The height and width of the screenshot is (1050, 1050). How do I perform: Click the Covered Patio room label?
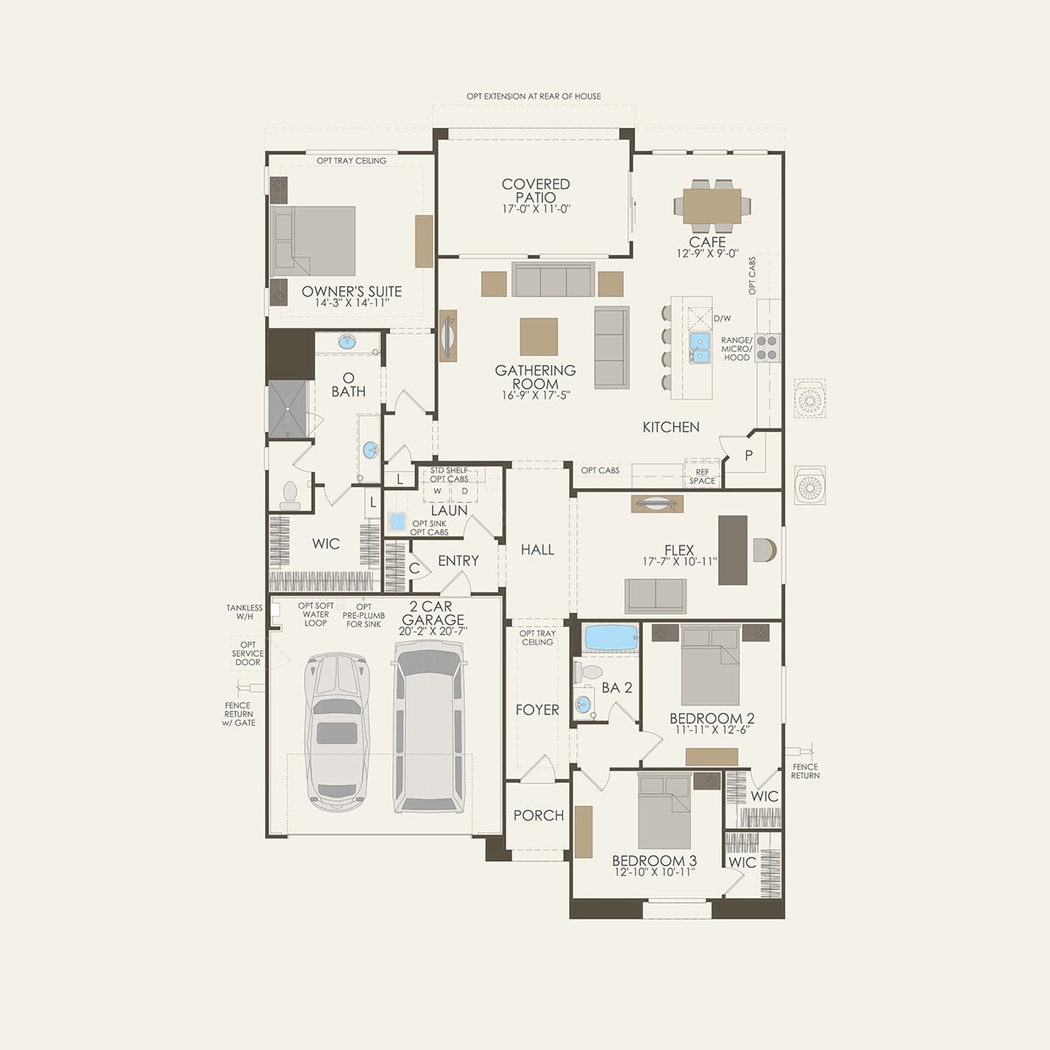tap(535, 191)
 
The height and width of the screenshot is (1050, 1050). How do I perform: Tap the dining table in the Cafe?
tap(711, 205)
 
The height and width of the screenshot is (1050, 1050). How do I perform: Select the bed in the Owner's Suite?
tap(313, 241)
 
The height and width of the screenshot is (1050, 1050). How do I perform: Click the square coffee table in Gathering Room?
tap(539, 336)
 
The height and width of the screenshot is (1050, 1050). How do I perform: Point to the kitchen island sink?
tap(699, 347)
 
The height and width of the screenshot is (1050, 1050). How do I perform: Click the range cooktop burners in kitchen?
tap(767, 348)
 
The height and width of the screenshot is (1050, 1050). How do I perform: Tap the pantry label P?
tap(749, 456)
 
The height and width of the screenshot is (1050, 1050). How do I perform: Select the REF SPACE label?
tap(702, 477)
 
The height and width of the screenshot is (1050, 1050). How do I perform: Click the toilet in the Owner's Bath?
tap(290, 495)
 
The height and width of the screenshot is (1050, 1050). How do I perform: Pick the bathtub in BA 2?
tap(611, 638)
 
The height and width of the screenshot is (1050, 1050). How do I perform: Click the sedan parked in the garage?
tap(337, 732)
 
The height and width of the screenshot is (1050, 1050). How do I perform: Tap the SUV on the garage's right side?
tap(429, 727)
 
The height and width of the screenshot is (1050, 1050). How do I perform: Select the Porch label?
tap(539, 815)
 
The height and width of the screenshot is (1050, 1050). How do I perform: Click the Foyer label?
tap(538, 710)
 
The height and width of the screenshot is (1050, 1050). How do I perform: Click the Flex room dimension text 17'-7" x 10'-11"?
tap(679, 561)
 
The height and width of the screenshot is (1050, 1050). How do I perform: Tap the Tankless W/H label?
tap(244, 612)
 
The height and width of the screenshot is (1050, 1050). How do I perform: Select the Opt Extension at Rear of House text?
tap(533, 97)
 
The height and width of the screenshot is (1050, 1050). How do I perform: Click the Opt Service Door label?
tap(247, 654)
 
